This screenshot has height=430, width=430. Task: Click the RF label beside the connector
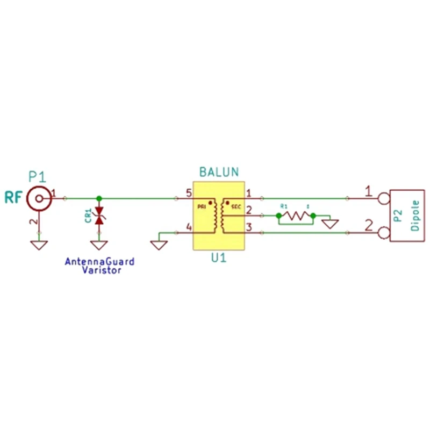click(x=13, y=197)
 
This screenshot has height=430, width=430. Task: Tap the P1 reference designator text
click(x=38, y=176)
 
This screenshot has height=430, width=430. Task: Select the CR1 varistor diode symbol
click(x=99, y=217)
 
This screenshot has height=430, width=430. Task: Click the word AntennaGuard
click(x=99, y=262)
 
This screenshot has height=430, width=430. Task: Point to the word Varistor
click(x=102, y=270)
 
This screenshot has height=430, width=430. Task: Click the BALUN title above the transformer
click(x=219, y=173)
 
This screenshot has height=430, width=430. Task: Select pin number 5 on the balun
click(x=188, y=192)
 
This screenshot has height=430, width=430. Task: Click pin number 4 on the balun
click(x=188, y=227)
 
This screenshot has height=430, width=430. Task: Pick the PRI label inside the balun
click(x=202, y=206)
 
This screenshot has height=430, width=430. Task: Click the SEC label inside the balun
click(x=236, y=206)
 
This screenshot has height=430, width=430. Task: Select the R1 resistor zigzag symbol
click(x=295, y=216)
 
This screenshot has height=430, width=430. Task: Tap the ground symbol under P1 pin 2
click(x=39, y=245)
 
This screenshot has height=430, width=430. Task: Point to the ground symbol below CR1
click(x=99, y=245)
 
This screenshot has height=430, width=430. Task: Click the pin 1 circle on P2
click(x=384, y=198)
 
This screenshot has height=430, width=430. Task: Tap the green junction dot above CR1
click(x=99, y=198)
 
